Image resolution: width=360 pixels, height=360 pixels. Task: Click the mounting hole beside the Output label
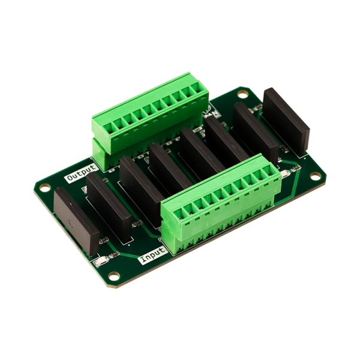coord(45,187)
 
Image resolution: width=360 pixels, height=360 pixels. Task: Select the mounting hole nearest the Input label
coord(114,275)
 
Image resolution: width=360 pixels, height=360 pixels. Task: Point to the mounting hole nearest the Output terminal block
coord(242,94)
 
